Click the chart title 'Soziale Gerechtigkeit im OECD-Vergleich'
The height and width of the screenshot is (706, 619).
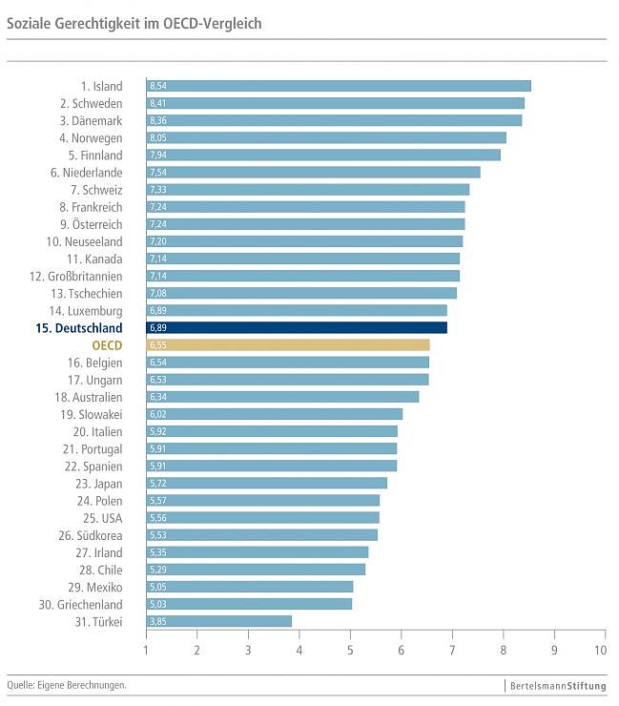point(134,22)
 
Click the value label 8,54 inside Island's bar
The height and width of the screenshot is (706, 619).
point(158,86)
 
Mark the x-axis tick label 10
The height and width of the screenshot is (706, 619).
point(600,650)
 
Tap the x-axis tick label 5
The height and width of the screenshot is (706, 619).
point(350,650)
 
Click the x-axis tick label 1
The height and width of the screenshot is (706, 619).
point(146,650)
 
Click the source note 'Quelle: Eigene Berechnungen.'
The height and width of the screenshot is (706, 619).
point(67,685)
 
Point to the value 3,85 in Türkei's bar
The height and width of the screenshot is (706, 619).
point(158,621)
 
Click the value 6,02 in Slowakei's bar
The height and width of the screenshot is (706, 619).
point(158,414)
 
